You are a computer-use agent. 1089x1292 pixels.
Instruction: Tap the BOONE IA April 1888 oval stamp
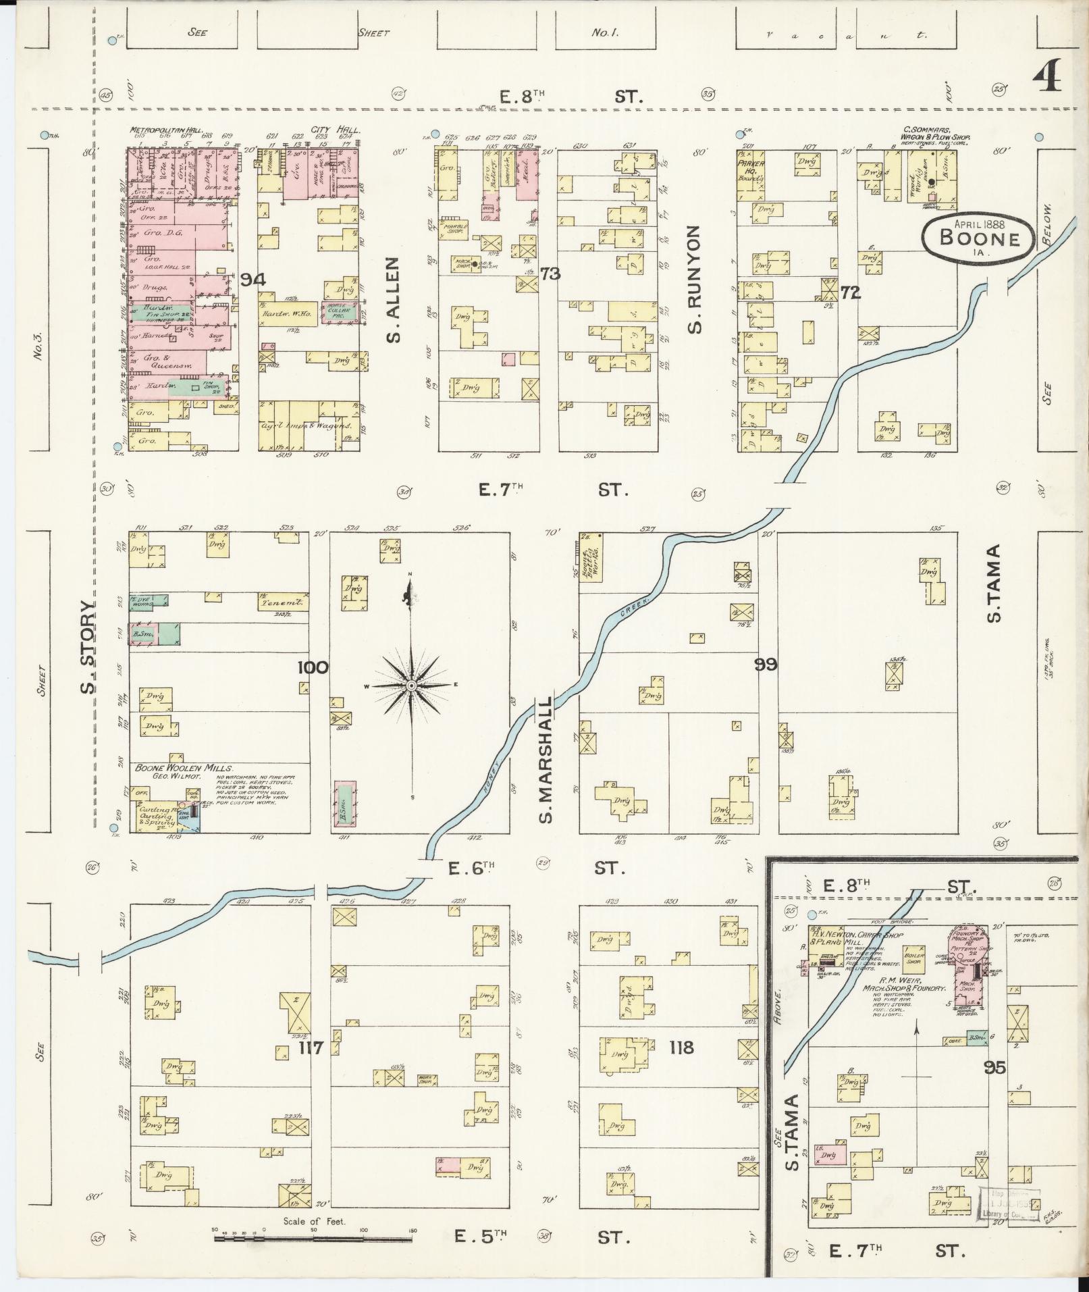coord(978,237)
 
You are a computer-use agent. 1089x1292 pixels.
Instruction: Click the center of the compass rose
coord(410,686)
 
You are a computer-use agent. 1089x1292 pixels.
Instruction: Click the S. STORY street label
coord(88,648)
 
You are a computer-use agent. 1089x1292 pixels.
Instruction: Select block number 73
coord(550,273)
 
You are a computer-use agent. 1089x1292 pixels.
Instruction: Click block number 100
coord(313,668)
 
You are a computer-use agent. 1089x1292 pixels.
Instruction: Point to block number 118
coord(681,1048)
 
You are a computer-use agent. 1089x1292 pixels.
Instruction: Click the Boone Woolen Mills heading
coord(184,769)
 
